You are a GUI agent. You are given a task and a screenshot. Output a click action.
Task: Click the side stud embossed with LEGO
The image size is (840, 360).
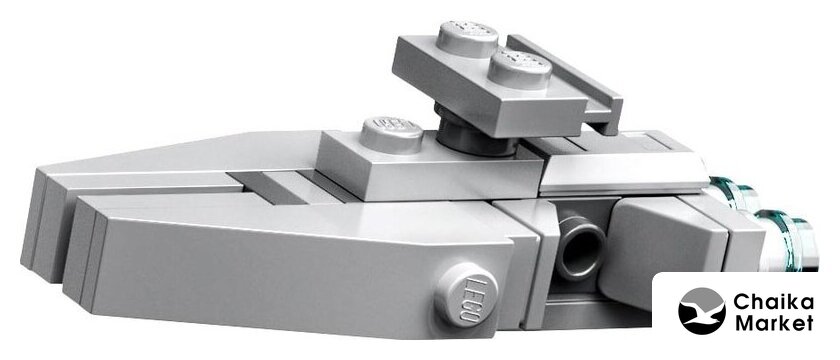(466, 294)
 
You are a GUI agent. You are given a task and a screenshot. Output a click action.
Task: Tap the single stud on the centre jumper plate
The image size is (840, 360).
(391, 133)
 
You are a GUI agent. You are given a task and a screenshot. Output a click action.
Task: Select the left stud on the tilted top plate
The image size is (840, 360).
(467, 39)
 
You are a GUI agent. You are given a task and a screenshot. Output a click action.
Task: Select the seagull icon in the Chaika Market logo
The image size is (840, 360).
(702, 311)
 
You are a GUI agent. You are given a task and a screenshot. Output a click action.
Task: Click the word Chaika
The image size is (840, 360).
(774, 303)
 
